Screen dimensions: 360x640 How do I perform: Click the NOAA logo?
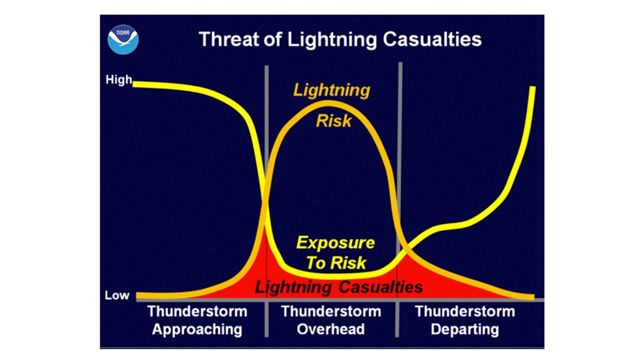pyautogui.click(x=123, y=39)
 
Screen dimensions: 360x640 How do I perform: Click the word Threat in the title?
pyautogui.click(x=229, y=39)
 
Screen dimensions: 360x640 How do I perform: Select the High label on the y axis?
pyautogui.click(x=118, y=81)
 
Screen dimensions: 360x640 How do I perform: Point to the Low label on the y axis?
pyautogui.click(x=117, y=295)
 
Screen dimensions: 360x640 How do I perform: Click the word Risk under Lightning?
pyautogui.click(x=334, y=121)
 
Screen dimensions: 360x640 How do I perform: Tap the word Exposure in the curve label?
pyautogui.click(x=336, y=243)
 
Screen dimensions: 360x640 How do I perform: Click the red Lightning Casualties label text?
pyautogui.click(x=339, y=287)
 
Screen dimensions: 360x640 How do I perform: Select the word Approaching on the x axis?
pyautogui.click(x=197, y=328)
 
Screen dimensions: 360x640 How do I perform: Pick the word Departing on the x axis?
pyautogui.click(x=465, y=328)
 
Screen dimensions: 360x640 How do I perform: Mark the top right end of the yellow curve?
pyautogui.click(x=534, y=88)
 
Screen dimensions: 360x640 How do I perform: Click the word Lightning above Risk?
pyautogui.click(x=331, y=90)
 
